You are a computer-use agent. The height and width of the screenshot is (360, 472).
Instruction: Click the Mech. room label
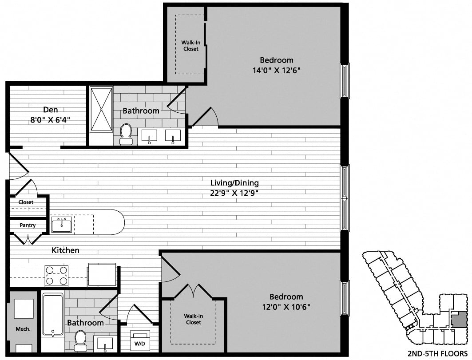point(23,329)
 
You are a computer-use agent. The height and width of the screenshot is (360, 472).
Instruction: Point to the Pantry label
point(28,225)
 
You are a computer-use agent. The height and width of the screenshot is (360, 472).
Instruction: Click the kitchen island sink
point(62,225)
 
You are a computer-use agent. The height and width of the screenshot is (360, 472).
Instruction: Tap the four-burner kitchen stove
point(56,275)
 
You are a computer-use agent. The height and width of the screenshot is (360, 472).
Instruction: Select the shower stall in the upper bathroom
point(101,109)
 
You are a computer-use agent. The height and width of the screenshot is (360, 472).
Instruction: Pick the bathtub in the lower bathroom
point(52,314)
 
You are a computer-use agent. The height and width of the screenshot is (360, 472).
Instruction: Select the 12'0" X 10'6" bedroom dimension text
point(286,307)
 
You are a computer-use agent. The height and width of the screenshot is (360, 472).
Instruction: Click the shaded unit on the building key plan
point(459,319)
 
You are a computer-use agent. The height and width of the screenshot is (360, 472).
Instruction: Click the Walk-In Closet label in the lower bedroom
point(193,319)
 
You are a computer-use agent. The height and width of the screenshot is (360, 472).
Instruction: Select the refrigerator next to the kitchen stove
point(102,274)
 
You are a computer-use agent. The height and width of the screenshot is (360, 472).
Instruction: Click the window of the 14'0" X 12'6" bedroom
point(345,80)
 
